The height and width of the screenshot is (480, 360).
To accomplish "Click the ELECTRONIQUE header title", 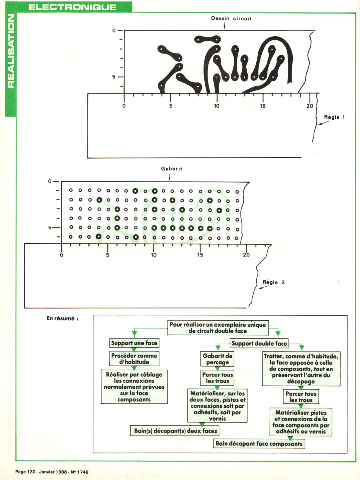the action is pyautogui.click(x=72, y=7).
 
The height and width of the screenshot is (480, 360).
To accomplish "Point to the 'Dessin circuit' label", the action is pyautogui.click(x=231, y=18).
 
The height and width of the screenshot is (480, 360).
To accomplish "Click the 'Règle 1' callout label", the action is pyautogui.click(x=334, y=117).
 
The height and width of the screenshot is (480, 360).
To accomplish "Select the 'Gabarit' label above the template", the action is pyautogui.click(x=172, y=169).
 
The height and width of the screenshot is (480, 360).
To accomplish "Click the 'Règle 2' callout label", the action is pyautogui.click(x=274, y=282).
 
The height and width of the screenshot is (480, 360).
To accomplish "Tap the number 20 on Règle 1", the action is pyautogui.click(x=310, y=106).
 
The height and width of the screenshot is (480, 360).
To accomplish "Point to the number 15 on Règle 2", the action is pyautogui.click(x=200, y=255).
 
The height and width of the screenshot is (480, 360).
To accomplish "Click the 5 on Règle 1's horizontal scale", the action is pyautogui.click(x=171, y=106).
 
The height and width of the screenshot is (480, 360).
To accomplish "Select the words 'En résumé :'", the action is pyautogui.click(x=62, y=318).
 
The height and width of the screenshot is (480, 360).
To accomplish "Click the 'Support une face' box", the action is pyautogui.click(x=134, y=343).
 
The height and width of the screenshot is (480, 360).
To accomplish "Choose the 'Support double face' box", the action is pyautogui.click(x=259, y=344).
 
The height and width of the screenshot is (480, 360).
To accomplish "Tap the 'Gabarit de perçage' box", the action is pyautogui.click(x=217, y=359).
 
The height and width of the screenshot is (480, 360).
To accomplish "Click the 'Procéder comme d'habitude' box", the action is pyautogui.click(x=134, y=359).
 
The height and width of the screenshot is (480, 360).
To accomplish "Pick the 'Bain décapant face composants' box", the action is pyautogui.click(x=259, y=444).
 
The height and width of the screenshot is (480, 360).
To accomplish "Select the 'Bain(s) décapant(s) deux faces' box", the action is pyautogui.click(x=175, y=431).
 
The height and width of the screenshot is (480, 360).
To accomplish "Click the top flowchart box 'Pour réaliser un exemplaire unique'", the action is pyautogui.click(x=217, y=328).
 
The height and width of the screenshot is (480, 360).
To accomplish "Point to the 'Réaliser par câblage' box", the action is pyautogui.click(x=134, y=387).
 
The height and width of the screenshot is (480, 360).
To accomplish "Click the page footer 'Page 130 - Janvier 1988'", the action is pyautogui.click(x=52, y=472).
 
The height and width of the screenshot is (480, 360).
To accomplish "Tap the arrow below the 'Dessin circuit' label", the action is pyautogui.click(x=224, y=26).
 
